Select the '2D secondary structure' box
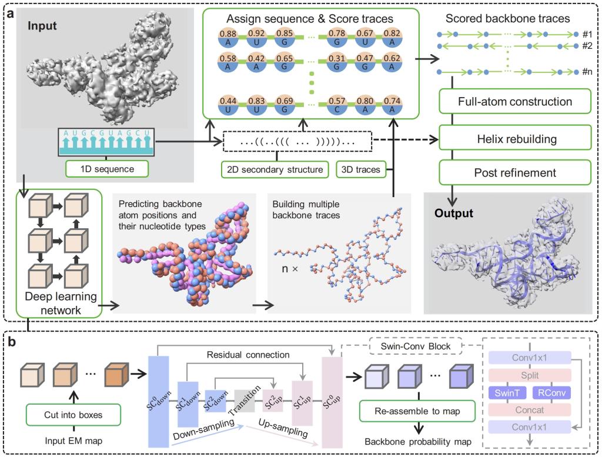(x=275, y=170)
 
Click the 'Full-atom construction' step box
(x=514, y=102)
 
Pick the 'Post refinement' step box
(x=514, y=173)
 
